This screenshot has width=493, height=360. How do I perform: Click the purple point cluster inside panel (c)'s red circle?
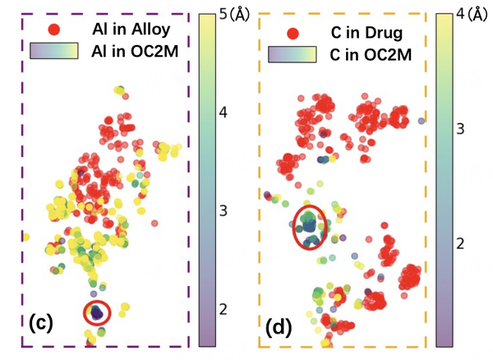point(98,312)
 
